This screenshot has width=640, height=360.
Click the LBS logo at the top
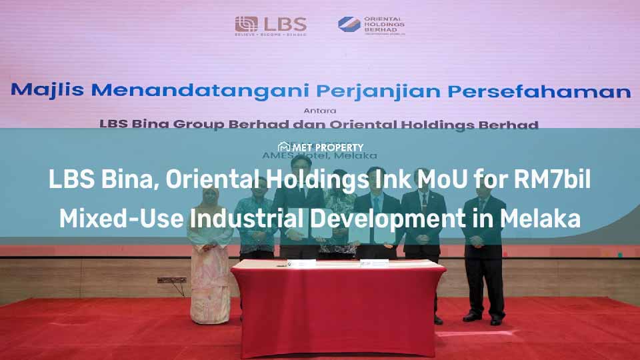pos(271,25)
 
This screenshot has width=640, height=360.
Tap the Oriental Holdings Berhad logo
pos(371,25)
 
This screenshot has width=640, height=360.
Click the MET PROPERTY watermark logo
pos(320,147)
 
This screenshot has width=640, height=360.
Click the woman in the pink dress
pos(209,260)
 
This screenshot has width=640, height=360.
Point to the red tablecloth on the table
pos(338,307)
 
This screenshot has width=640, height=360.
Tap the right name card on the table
pos(375,263)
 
